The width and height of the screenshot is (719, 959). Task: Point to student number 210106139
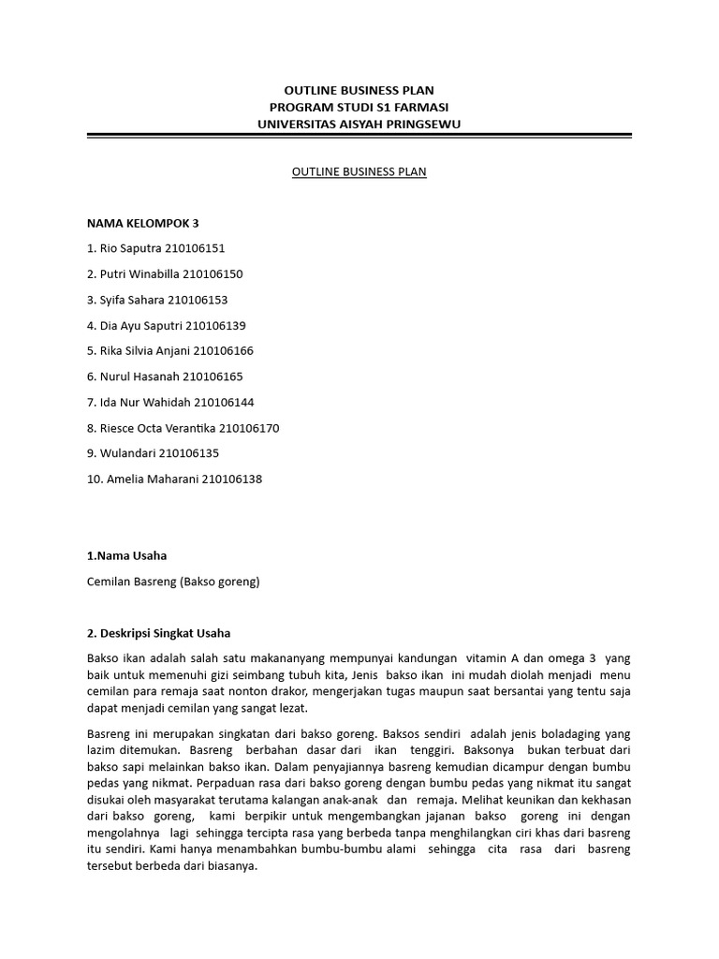(x=215, y=326)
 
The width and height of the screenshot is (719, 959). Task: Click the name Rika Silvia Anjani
(x=143, y=351)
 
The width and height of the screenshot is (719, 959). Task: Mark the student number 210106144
(x=224, y=403)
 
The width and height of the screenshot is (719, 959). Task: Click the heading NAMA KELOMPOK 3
(x=142, y=223)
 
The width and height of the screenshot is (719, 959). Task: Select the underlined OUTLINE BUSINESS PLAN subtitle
(x=359, y=172)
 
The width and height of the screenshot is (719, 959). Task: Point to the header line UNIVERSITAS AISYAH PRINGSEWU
(x=359, y=125)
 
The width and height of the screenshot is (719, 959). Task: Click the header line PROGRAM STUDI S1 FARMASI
(x=359, y=108)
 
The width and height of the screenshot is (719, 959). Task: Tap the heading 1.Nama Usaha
(x=126, y=555)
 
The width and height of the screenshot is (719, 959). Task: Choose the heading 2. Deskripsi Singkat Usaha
(x=158, y=633)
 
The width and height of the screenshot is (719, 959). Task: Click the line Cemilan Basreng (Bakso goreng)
(x=173, y=582)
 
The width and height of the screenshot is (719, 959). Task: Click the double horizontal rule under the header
(x=359, y=138)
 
